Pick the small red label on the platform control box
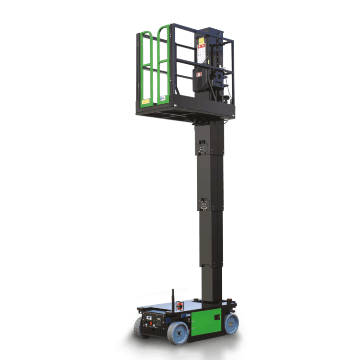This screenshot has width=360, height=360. [x=197, y=74]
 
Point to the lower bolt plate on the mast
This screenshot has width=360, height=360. [x=204, y=204]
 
